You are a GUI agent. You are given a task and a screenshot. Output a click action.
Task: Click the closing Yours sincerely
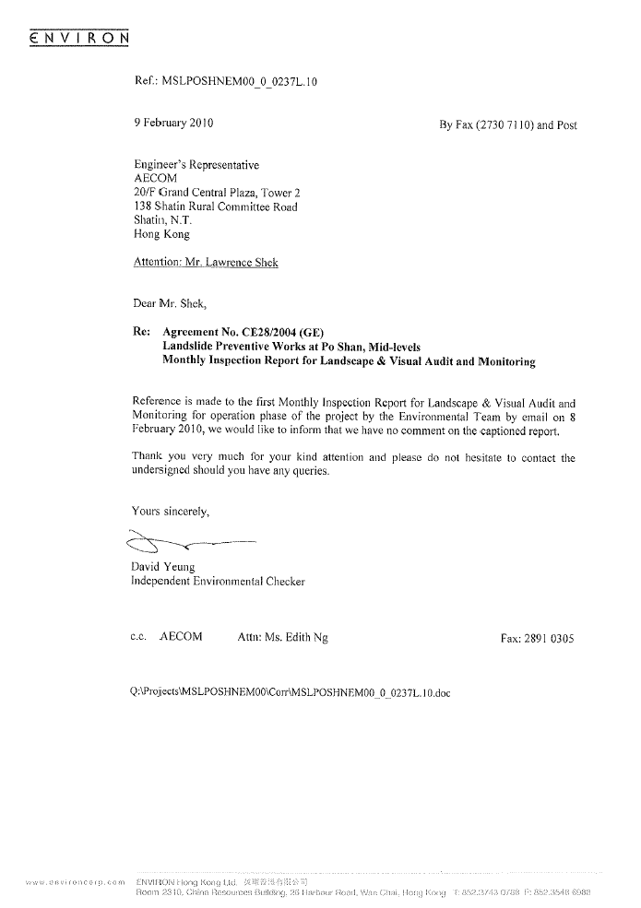pyautogui.click(x=172, y=510)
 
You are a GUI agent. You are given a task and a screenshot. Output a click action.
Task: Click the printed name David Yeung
pyautogui.click(x=164, y=566)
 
